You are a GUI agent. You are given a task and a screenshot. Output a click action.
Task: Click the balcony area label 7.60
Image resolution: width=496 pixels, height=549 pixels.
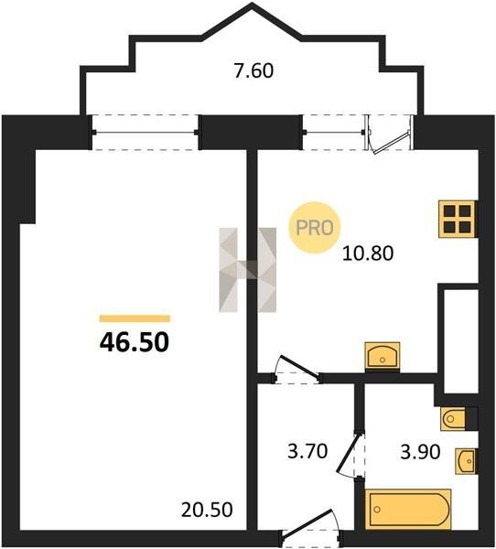[253, 71]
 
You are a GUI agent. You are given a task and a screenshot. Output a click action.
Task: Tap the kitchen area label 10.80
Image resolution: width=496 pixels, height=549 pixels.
[368, 253]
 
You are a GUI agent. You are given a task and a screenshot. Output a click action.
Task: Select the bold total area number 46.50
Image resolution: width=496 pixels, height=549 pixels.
[135, 341]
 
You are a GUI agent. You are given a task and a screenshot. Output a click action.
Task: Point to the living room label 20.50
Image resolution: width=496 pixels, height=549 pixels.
[207, 510]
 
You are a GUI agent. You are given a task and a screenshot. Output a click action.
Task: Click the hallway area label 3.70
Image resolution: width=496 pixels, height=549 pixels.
[307, 451]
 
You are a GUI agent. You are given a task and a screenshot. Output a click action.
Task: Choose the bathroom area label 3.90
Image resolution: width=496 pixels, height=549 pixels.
[420, 452]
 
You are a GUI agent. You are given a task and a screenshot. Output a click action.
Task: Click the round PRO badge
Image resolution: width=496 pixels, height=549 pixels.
[314, 228]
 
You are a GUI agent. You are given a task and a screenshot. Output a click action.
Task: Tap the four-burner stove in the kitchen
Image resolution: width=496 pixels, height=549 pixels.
[458, 220]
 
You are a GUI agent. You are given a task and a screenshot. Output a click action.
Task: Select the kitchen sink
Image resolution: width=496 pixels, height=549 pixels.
[383, 356]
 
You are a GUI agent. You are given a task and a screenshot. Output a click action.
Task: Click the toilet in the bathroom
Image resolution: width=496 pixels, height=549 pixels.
[454, 418]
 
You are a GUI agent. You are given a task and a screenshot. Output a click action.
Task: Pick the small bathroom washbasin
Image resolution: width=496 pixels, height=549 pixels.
[466, 461]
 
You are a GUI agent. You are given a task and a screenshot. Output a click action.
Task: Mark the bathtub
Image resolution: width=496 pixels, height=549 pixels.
[408, 509]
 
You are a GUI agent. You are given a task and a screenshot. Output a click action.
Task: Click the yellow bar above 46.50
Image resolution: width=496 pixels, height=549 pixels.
[135, 318]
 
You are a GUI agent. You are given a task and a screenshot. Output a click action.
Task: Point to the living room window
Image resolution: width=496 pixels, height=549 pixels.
[146, 133]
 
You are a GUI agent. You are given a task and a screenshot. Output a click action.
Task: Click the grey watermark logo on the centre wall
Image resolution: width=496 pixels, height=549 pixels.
[248, 270]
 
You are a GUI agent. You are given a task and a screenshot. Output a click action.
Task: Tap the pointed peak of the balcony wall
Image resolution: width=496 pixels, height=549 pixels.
[252, 5]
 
